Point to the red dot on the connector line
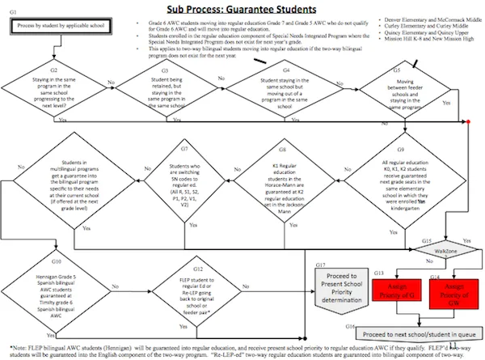pyautogui.click(x=469, y=121)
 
